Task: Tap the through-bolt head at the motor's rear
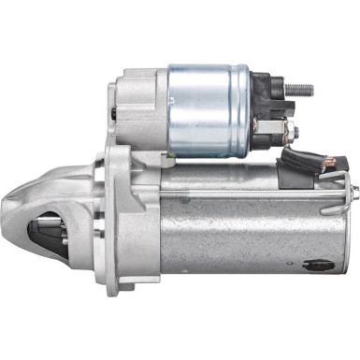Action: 354,195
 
